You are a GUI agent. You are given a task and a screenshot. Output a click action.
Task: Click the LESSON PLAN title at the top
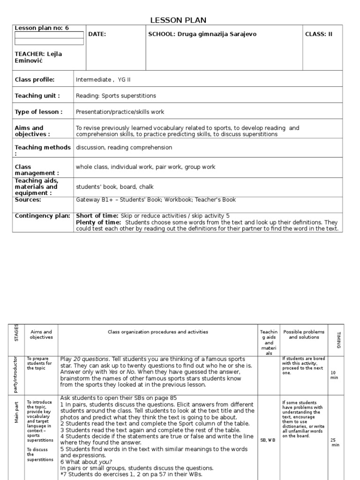178,20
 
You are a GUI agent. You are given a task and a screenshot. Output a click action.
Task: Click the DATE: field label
97,34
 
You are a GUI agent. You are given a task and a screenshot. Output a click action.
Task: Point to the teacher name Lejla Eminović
38,57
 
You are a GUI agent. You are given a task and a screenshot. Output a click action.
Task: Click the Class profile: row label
35,80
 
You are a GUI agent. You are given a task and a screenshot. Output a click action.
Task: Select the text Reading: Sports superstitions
116,96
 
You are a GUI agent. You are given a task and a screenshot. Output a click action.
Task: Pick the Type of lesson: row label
38,112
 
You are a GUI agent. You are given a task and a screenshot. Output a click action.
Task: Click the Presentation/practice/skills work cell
120,112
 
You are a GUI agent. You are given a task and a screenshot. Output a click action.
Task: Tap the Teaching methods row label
42,150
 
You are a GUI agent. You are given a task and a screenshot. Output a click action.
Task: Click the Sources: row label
28,200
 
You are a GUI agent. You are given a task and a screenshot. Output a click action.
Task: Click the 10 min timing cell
334,375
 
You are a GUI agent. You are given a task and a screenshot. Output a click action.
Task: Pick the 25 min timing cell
334,442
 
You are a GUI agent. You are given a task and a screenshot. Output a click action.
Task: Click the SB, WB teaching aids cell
268,440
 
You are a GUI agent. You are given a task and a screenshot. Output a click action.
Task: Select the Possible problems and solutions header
304,334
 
